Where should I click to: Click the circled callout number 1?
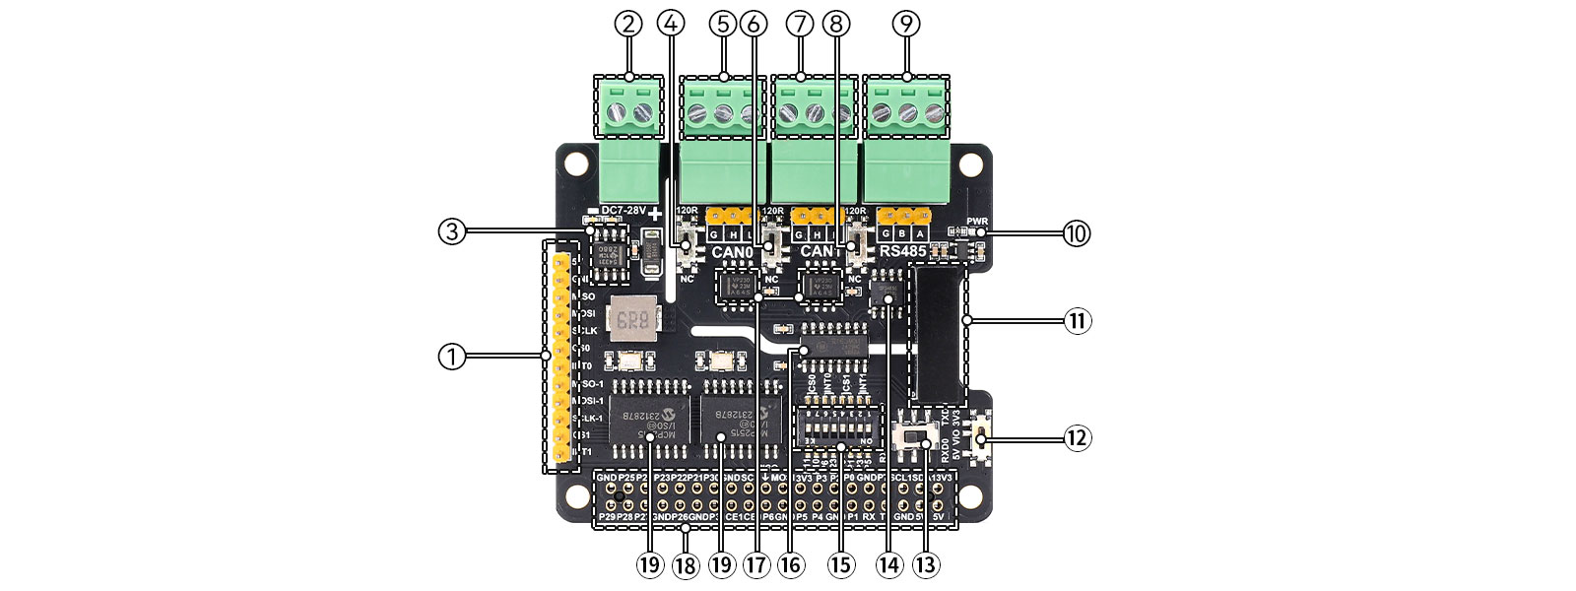[x=452, y=356]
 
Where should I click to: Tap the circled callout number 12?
[x=1077, y=437]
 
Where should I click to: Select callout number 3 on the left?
[x=452, y=231]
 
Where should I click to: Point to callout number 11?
[x=1077, y=320]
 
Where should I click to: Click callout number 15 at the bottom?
[x=840, y=564]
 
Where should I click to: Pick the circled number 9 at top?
[x=905, y=24]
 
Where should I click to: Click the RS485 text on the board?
[x=903, y=252]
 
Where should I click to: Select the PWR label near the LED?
[x=976, y=221]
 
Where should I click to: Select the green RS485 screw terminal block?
[x=906, y=138]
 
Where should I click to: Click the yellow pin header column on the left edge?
[x=562, y=358]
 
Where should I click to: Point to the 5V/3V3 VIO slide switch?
[x=919, y=437]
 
